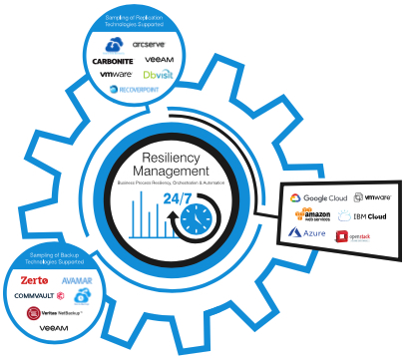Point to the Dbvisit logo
tap(159, 75)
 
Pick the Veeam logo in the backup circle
tap(54, 328)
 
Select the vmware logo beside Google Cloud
tap(378, 198)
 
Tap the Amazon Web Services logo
tap(312, 215)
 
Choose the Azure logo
tap(308, 233)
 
